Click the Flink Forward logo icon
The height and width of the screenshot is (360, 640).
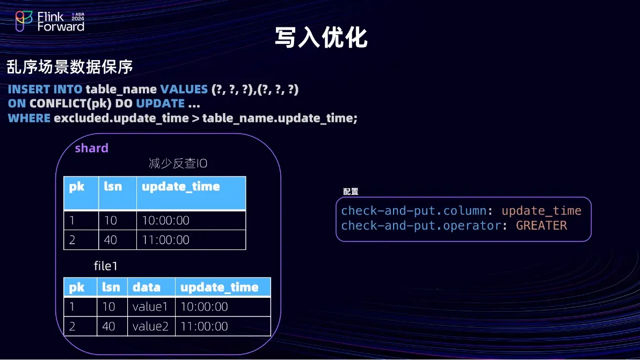24,21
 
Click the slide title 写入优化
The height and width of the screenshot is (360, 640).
321,38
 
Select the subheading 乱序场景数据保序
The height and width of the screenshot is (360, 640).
70,67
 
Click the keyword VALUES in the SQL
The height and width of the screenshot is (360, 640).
184,89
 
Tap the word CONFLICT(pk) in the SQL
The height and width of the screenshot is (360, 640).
70,104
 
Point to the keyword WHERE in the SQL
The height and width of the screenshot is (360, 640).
29,118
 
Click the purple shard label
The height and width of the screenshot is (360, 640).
91,148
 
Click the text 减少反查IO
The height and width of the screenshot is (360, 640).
178,164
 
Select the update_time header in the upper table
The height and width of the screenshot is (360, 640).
181,187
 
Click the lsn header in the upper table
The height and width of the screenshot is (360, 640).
113,186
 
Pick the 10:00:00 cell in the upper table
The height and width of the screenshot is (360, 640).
166,221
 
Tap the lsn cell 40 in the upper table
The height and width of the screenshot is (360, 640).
110,240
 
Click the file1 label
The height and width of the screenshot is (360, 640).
106,266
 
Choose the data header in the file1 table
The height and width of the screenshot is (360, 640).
147,288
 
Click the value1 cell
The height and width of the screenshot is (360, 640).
150,306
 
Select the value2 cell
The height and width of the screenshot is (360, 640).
151,326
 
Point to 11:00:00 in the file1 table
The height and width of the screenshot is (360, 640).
204,326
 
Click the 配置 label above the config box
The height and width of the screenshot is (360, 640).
351,192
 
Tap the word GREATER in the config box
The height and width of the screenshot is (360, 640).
541,225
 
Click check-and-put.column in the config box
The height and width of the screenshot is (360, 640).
414,211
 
